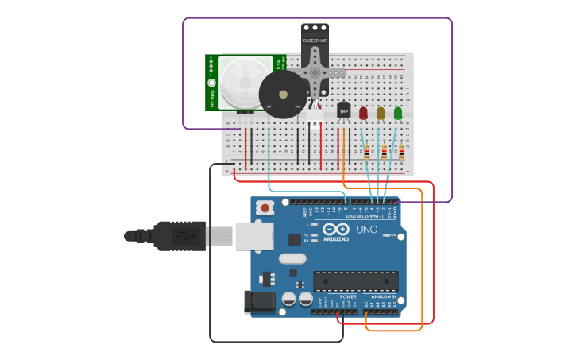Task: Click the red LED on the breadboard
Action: pyautogui.click(x=363, y=114)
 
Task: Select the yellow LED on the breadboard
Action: pyautogui.click(x=381, y=114)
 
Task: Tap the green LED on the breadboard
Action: pyautogui.click(x=398, y=114)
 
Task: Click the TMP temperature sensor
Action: pyautogui.click(x=343, y=111)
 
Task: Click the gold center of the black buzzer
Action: pyautogui.click(x=283, y=94)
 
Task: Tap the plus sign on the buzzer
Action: pyautogui.click(x=269, y=107)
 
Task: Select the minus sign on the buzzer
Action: pyautogui.click(x=297, y=107)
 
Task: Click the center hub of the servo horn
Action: pyautogui.click(x=315, y=72)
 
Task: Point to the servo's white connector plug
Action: pyautogui.click(x=315, y=115)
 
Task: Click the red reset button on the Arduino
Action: pyautogui.click(x=264, y=207)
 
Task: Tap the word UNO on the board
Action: pyautogui.click(x=366, y=229)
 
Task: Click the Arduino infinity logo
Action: pyautogui.click(x=335, y=229)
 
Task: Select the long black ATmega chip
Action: pyautogui.click(x=355, y=281)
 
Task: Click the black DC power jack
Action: pyautogui.click(x=259, y=301)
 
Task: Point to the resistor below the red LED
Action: pyautogui.click(x=366, y=151)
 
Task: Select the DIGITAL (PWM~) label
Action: pyautogui.click(x=364, y=216)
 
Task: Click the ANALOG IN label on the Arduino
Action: pyautogui.click(x=383, y=296)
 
